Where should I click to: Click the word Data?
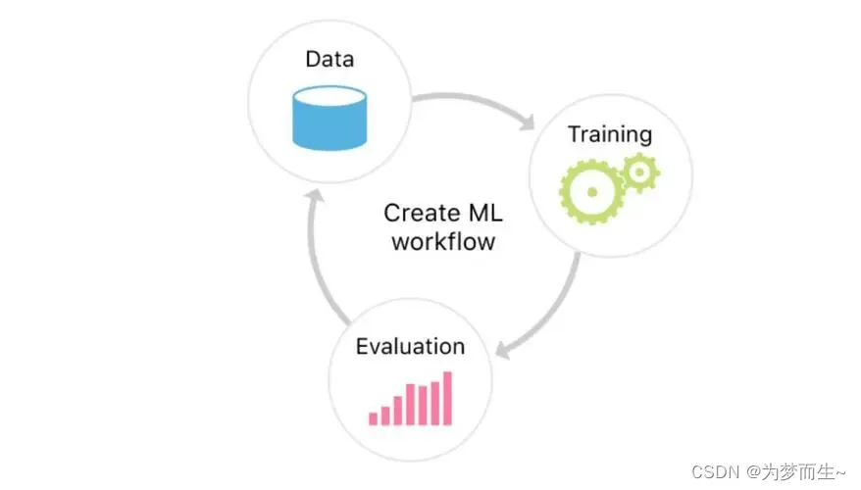tap(329, 59)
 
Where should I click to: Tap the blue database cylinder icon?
tap(329, 117)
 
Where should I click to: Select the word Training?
tap(610, 134)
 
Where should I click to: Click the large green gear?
tap(591, 189)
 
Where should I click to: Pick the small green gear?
tap(639, 172)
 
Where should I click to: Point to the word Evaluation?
tap(410, 346)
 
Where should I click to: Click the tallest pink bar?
tap(447, 397)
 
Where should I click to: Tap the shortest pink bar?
tap(373, 417)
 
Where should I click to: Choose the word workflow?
tap(442, 241)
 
